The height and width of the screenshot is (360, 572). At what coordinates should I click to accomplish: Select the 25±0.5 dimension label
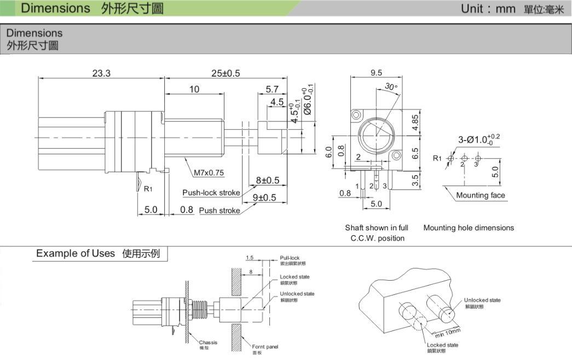pyautogui.click(x=226, y=73)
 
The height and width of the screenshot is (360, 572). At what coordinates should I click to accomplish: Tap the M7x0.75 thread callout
pyautogui.click(x=209, y=173)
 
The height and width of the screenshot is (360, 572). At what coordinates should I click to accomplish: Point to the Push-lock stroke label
pyautogui.click(x=211, y=193)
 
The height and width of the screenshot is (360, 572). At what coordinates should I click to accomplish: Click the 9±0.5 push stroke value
pyautogui.click(x=264, y=198)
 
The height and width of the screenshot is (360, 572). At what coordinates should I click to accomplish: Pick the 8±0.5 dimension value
pyautogui.click(x=268, y=180)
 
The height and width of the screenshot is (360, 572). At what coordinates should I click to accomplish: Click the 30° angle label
pyautogui.click(x=391, y=86)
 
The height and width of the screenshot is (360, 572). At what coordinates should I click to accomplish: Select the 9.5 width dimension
pyautogui.click(x=376, y=73)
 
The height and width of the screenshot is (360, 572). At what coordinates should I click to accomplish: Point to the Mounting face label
pyautogui.click(x=481, y=195)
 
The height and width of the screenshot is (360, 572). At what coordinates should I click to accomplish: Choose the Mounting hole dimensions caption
pyautogui.click(x=469, y=228)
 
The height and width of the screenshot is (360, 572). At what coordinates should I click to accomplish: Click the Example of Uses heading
pyautogui.click(x=76, y=253)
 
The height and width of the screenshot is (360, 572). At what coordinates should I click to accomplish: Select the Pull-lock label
pyautogui.click(x=290, y=258)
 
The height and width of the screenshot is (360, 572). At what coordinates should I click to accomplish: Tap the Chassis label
pyautogui.click(x=208, y=342)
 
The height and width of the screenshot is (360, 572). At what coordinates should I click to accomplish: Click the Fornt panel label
pyautogui.click(x=265, y=347)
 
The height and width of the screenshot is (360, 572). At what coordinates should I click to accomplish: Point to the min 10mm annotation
pyautogui.click(x=448, y=332)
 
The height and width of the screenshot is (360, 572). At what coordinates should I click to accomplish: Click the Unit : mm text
pyautogui.click(x=488, y=9)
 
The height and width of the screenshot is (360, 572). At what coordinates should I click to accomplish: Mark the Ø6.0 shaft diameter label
pyautogui.click(x=308, y=100)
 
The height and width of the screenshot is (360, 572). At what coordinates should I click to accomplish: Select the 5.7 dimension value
pyautogui.click(x=272, y=89)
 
